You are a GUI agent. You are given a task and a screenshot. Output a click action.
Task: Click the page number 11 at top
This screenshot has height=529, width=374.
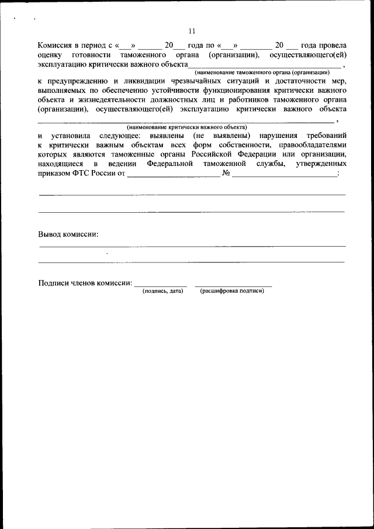[192, 31]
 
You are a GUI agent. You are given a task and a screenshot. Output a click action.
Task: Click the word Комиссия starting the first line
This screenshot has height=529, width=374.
[56, 45]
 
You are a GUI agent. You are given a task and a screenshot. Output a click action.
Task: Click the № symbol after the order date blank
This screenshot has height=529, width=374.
[226, 173]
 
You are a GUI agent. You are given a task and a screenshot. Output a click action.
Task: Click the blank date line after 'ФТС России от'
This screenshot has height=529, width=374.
[173, 175]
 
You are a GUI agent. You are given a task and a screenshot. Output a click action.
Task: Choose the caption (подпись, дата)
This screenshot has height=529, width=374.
[162, 291]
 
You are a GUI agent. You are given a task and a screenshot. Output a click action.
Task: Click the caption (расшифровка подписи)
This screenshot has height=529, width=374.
[232, 291]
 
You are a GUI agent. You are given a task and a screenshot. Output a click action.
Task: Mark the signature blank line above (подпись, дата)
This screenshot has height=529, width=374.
[161, 285]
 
